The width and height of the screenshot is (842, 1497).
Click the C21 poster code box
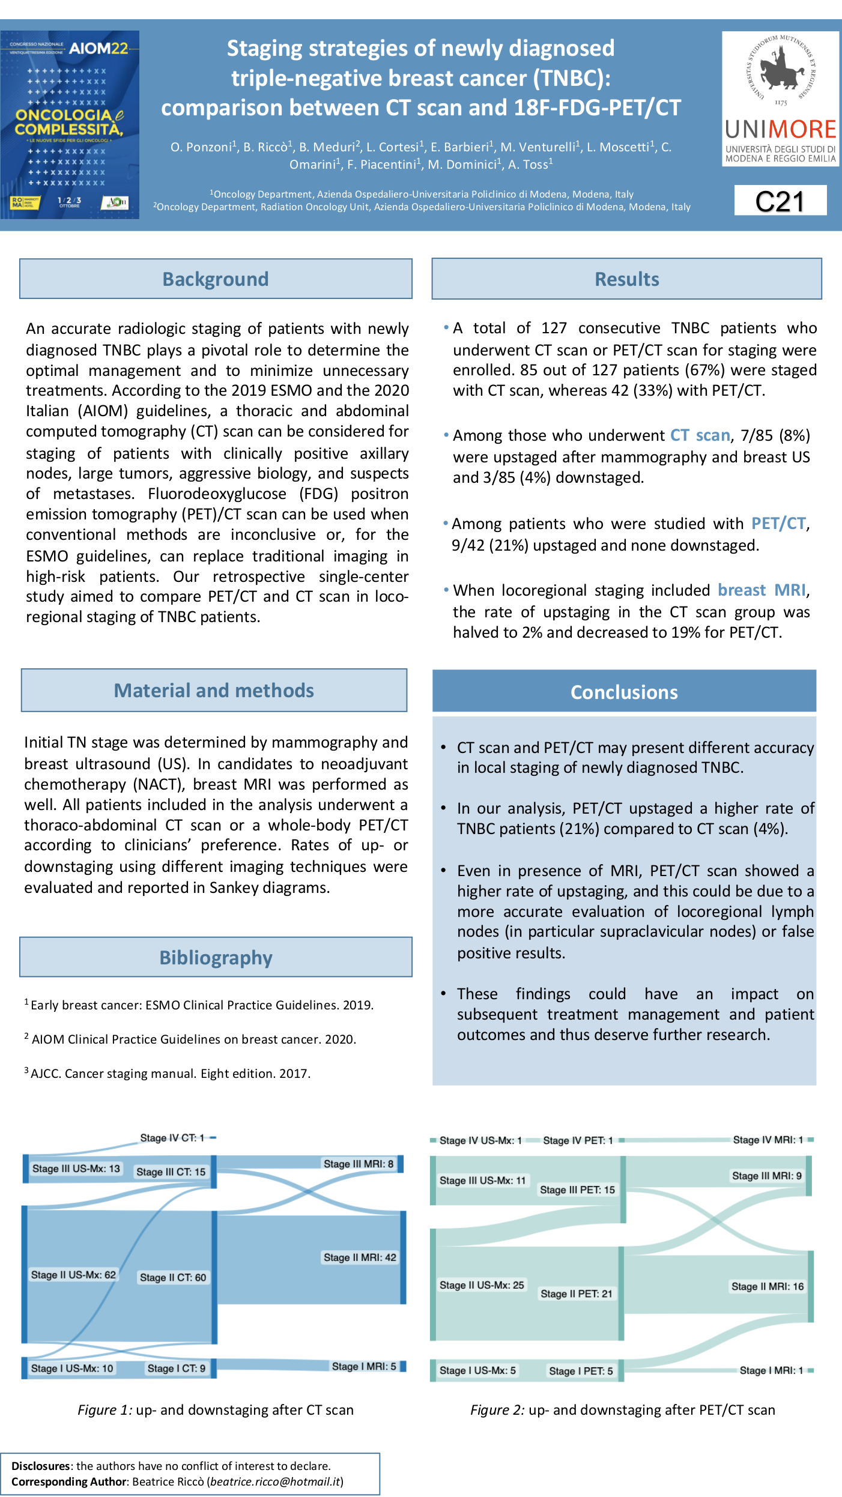pos(780,201)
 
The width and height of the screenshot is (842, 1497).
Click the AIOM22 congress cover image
pos(70,125)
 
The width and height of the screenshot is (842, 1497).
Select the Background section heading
pos(216,279)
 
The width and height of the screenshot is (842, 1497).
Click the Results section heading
pos(626,279)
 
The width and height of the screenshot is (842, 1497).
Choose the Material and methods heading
pos(214,691)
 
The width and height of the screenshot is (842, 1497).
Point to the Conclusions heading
pos(624,692)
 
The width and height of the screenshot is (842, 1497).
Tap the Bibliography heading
pos(216,957)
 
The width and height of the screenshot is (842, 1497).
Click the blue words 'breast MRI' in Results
pos(762,590)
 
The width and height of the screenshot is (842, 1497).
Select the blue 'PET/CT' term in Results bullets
pos(778,524)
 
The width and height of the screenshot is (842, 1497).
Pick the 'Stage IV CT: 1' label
pos(172,1138)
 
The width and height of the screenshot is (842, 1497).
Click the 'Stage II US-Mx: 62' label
pos(73,1275)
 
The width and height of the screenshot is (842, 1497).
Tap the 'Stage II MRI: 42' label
pos(360,1257)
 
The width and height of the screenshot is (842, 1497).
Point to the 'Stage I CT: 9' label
pos(177,1368)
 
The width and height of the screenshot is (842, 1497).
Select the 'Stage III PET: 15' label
pos(577,1190)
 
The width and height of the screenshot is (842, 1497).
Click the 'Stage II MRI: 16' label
pos(768,1286)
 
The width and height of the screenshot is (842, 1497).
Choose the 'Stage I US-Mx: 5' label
pos(477,1371)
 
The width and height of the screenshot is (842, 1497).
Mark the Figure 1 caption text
pos(216,1410)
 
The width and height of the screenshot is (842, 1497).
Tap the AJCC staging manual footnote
pos(170,1074)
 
